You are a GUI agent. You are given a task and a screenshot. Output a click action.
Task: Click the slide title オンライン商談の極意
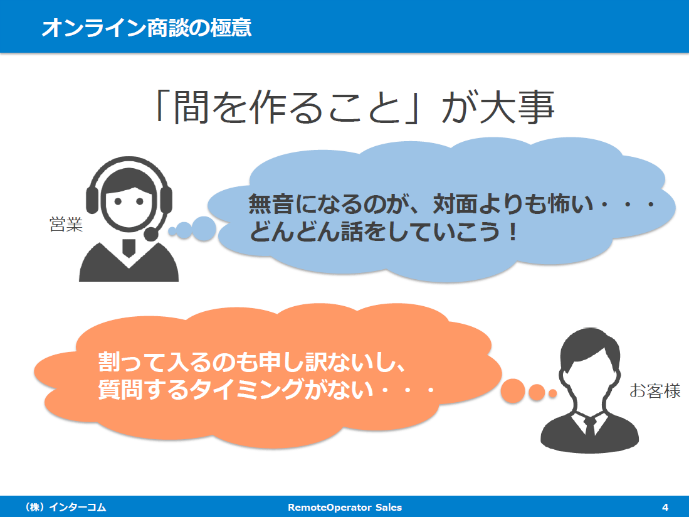[x=147, y=27]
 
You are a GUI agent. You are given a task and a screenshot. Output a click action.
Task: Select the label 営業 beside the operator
[x=66, y=224]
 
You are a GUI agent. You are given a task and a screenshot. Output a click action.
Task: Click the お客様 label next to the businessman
[x=655, y=390]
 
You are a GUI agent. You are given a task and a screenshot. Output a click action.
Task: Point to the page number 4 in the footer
[x=665, y=508]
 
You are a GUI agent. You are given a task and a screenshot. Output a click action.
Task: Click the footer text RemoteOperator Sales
[x=345, y=508]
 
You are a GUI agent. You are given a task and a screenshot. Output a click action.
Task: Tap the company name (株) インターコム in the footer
[x=66, y=508]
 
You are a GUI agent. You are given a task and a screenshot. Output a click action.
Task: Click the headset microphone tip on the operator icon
[x=150, y=233]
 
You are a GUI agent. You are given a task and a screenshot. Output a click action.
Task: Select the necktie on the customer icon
[x=590, y=426]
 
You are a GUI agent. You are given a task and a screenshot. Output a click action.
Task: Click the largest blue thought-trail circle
[x=204, y=229]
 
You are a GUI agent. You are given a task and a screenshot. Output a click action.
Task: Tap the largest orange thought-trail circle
[x=513, y=391]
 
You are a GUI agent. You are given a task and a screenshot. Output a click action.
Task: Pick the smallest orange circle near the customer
[x=552, y=393]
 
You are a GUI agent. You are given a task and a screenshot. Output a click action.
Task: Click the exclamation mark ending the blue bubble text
[x=512, y=232]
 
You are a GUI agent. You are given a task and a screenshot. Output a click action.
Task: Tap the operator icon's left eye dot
[x=118, y=202]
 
